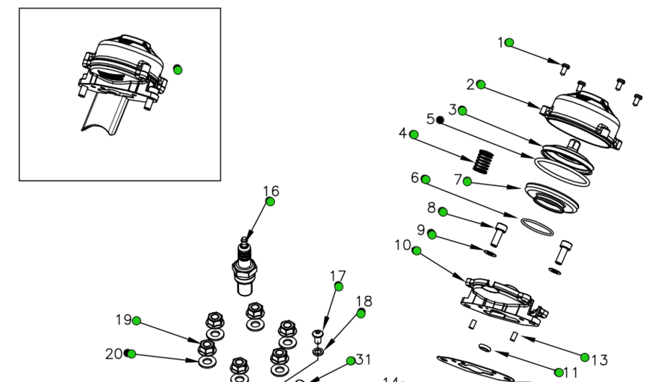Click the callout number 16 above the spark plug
click(x=271, y=191)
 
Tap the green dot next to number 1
click(x=510, y=43)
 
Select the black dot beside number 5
click(x=441, y=120)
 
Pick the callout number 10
click(x=402, y=245)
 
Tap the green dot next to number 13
click(x=585, y=357)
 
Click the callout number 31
click(x=364, y=359)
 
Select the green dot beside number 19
click(x=136, y=321)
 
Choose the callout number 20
click(x=114, y=354)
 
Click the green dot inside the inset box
click(x=178, y=69)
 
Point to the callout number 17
click(x=338, y=275)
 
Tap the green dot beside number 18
click(x=361, y=314)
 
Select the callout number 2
click(x=470, y=84)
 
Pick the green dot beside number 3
click(x=462, y=110)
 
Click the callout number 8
click(x=431, y=208)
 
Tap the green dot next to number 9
click(x=431, y=234)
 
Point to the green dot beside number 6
click(x=426, y=179)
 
